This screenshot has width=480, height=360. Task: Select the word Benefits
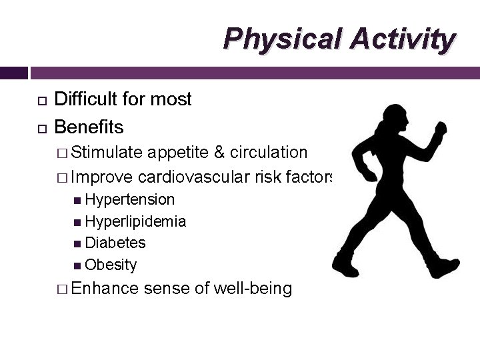(x=89, y=127)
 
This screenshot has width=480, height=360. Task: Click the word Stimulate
(x=107, y=153)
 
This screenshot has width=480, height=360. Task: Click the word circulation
(x=269, y=153)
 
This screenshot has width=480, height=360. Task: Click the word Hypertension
(x=130, y=200)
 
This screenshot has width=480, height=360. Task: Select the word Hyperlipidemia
(x=135, y=221)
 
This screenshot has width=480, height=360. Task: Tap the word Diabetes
(x=115, y=243)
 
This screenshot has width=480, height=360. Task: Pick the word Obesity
(x=111, y=265)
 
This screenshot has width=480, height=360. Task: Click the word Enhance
(x=105, y=289)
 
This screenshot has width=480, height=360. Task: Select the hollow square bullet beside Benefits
(x=41, y=127)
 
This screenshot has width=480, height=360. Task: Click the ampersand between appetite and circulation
(x=219, y=153)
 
